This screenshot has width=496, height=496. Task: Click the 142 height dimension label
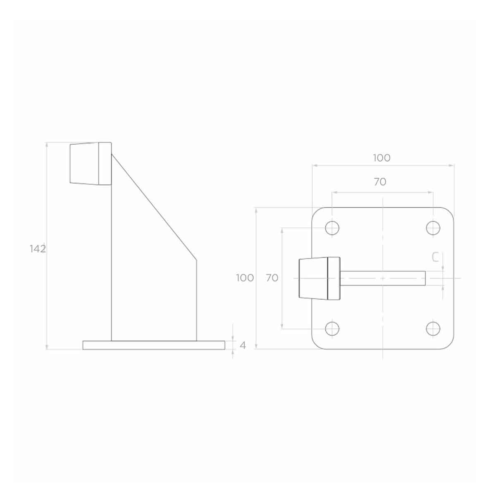38,249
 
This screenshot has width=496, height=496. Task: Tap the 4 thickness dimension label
243,346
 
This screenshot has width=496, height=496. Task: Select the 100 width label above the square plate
382,158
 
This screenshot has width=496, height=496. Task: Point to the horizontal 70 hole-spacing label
380,182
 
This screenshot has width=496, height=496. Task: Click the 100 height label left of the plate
245,278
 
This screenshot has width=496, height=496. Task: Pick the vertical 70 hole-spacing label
272,278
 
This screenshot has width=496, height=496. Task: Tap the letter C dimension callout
435,258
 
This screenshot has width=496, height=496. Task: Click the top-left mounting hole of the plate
332,228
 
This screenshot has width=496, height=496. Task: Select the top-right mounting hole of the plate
433,228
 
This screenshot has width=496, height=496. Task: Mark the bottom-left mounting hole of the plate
332,329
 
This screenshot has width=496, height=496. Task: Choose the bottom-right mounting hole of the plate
433,329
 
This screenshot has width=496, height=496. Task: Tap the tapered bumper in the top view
313,278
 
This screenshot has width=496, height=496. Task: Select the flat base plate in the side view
154,345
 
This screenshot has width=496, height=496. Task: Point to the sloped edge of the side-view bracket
154,207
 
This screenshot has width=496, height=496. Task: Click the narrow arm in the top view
382,278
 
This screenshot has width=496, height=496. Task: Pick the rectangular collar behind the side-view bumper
105,163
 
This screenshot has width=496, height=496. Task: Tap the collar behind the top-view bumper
334,278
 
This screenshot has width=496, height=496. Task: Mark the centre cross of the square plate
383,278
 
